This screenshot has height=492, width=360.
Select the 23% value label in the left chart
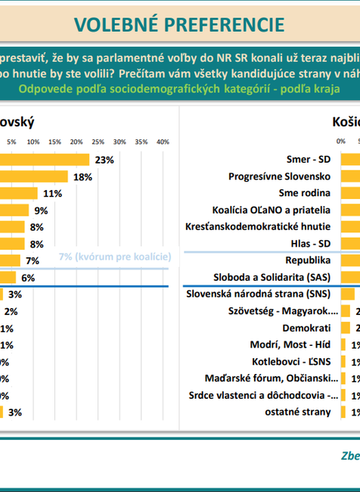point(104,160)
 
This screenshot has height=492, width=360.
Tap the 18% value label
point(82,176)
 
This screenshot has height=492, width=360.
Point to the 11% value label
point(52,193)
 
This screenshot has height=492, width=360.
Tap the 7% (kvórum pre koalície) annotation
point(114,257)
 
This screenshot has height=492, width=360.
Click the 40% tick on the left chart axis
point(162,142)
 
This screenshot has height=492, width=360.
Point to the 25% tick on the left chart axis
point(98,142)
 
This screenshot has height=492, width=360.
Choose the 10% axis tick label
point(33,142)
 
